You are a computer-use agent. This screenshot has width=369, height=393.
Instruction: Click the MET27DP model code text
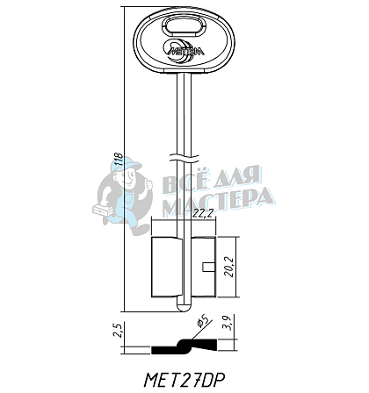pyautogui.click(x=184, y=381)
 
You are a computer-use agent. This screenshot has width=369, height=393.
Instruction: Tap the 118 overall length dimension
pyautogui.click(x=118, y=159)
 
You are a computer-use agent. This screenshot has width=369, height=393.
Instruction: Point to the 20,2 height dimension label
pyautogui.click(x=228, y=267)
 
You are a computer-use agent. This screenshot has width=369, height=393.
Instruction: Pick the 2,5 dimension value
pyautogui.click(x=118, y=331)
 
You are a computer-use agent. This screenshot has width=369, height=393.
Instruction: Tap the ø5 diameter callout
pyautogui.click(x=203, y=321)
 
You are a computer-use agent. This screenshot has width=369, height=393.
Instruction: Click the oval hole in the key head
pyautogui.click(x=184, y=26)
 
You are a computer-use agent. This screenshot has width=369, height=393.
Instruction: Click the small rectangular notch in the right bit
pyautogui.click(x=208, y=267)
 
